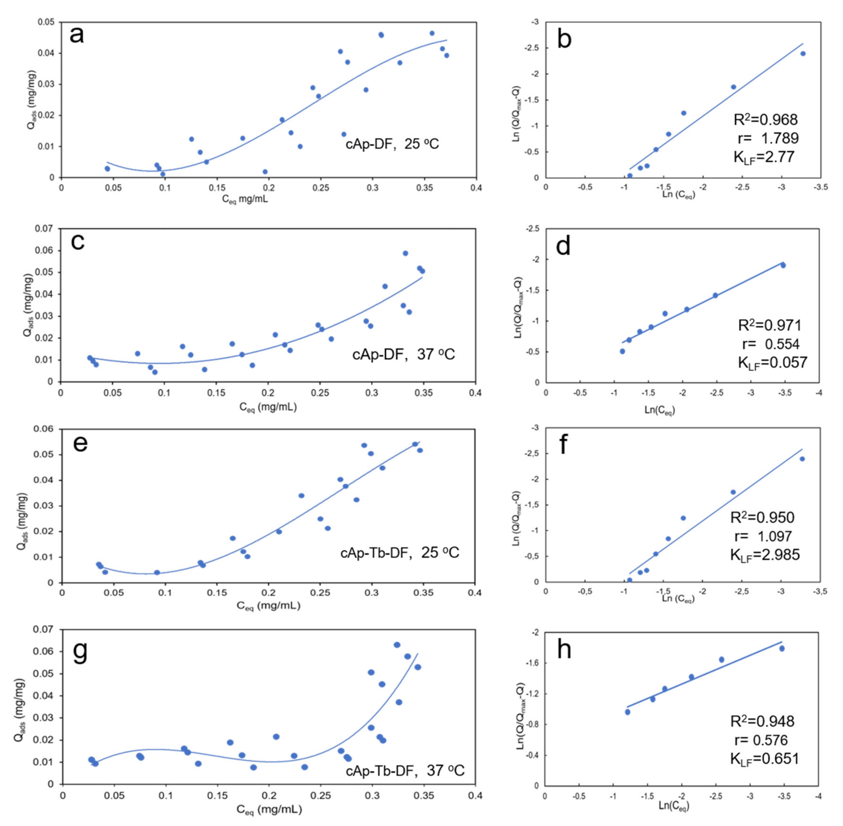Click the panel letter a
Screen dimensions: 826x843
pos(77,35)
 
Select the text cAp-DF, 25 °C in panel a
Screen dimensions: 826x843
pos(392,144)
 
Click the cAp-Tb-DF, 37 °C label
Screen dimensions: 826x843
pos(405,770)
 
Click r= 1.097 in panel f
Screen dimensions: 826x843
pos(763,536)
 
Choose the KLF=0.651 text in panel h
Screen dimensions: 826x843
pos(764,759)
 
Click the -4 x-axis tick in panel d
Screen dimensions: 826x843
pos(819,393)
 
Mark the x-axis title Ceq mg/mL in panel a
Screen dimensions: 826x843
pos(245,199)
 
